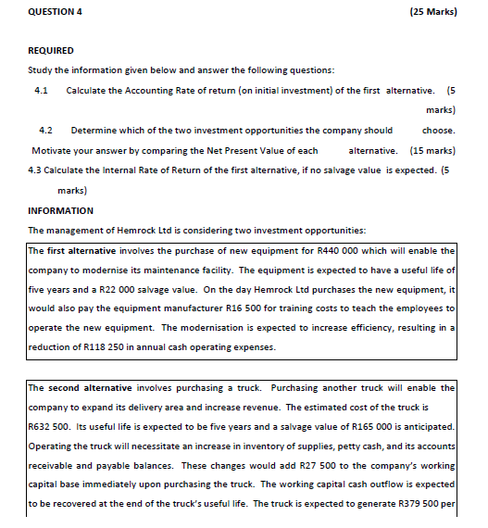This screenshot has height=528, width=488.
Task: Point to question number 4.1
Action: coord(41,90)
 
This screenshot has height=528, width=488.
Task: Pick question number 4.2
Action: coord(45,130)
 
